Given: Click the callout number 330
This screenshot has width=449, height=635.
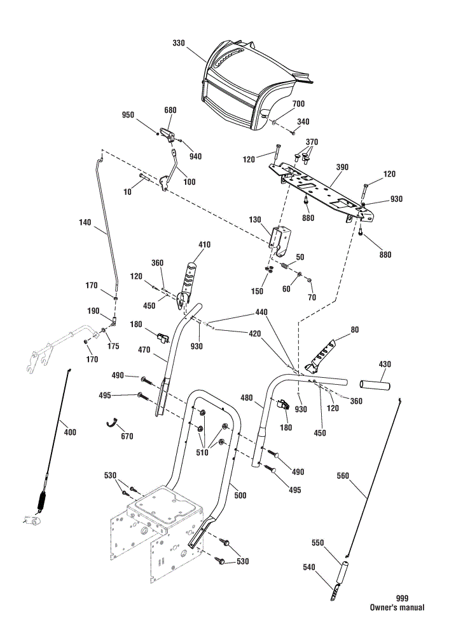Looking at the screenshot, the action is pyautogui.click(x=179, y=43).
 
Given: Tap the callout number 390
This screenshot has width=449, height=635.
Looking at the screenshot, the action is pyautogui.click(x=342, y=167).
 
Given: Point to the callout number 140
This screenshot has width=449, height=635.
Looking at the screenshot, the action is pyautogui.click(x=85, y=222).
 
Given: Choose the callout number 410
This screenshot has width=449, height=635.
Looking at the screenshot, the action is pyautogui.click(x=204, y=244).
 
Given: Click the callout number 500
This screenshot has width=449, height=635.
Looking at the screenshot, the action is pyautogui.click(x=240, y=495).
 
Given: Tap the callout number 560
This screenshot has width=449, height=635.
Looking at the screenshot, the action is pyautogui.click(x=343, y=476).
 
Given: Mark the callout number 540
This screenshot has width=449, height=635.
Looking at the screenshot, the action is pyautogui.click(x=309, y=567).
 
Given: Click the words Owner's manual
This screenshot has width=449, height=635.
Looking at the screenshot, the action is pyautogui.click(x=397, y=608).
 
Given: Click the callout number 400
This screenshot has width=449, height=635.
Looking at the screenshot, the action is pyautogui.click(x=70, y=432).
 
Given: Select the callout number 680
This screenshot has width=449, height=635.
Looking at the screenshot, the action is pyautogui.click(x=170, y=110).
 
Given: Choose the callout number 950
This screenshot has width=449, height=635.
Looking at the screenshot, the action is pyautogui.click(x=128, y=115).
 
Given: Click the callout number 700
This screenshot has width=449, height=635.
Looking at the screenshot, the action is pyautogui.click(x=298, y=104).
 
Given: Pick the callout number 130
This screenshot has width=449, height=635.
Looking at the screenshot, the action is pyautogui.click(x=255, y=220).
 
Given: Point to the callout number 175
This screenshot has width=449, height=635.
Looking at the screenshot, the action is pyautogui.click(x=114, y=346).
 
